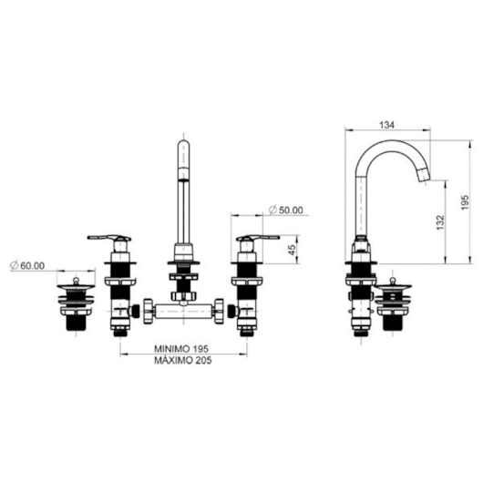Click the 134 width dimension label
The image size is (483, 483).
coord(386,125)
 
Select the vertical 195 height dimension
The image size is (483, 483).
coord(465,202)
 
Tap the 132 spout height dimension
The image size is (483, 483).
coord(440,222)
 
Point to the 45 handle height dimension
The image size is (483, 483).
coord(293,249)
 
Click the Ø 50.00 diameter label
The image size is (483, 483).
coord(286,211)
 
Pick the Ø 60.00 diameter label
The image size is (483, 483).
coord(27,265)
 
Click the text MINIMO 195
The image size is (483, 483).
coord(181,349)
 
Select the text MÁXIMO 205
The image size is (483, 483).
coord(183,360)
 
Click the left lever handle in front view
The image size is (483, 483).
coord(109,238)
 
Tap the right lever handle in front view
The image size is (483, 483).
coord(258,238)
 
